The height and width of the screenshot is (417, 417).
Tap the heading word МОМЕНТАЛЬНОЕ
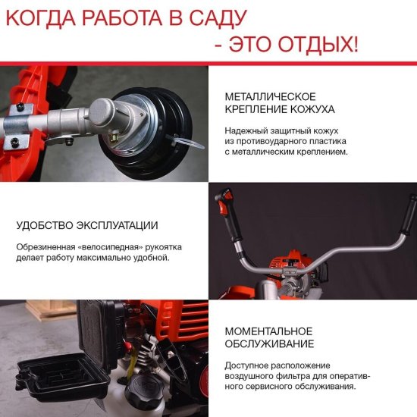pos(269,331)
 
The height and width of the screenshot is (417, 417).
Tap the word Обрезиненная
pos(45,246)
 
